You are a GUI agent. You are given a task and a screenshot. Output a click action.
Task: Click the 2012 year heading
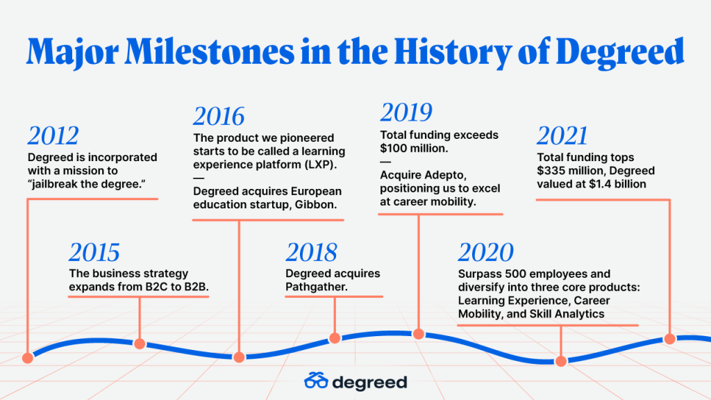(x=53, y=135)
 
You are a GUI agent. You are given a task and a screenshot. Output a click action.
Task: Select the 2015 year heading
(x=94, y=252)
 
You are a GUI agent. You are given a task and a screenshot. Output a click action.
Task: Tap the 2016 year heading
(x=219, y=116)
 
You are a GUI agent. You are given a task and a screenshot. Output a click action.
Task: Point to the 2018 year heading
(x=312, y=252)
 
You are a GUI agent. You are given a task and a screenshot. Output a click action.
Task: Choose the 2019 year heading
(x=406, y=112)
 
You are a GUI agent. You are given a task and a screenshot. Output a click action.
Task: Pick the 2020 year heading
(x=485, y=252)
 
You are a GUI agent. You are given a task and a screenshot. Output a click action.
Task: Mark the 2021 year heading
(x=562, y=135)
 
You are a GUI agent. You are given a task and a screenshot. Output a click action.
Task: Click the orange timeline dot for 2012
(x=28, y=358)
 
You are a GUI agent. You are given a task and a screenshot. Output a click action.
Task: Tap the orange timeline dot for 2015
(x=140, y=344)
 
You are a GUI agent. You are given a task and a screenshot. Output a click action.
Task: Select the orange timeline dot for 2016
(x=239, y=358)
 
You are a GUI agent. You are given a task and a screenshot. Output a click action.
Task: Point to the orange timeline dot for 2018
(x=335, y=338)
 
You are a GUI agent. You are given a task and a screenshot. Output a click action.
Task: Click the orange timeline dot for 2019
(x=419, y=334)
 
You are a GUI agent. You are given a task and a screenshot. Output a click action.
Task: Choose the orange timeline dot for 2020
(x=561, y=361)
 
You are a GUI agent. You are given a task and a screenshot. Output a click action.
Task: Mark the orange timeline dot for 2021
(x=670, y=339)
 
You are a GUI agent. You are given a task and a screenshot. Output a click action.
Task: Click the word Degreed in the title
(x=620, y=53)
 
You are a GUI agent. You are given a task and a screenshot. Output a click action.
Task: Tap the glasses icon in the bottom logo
(x=316, y=381)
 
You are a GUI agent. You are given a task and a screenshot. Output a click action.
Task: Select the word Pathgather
(x=317, y=287)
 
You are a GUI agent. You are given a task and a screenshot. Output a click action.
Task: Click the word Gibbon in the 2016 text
(x=316, y=205)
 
